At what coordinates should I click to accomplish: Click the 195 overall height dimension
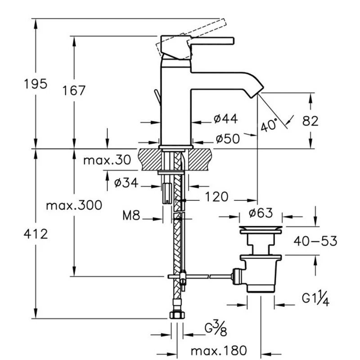click(x=36, y=84)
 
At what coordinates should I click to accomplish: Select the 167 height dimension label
click(x=74, y=90)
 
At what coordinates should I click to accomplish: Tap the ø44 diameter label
click(x=226, y=119)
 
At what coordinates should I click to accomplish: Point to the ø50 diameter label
click(x=228, y=139)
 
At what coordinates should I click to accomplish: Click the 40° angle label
click(x=269, y=125)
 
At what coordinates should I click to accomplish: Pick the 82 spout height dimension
click(x=310, y=121)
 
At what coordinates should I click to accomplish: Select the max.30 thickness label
click(x=107, y=160)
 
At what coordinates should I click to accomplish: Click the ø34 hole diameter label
click(x=126, y=183)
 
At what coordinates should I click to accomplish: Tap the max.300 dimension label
click(x=74, y=205)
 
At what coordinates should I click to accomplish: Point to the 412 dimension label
click(x=36, y=234)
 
